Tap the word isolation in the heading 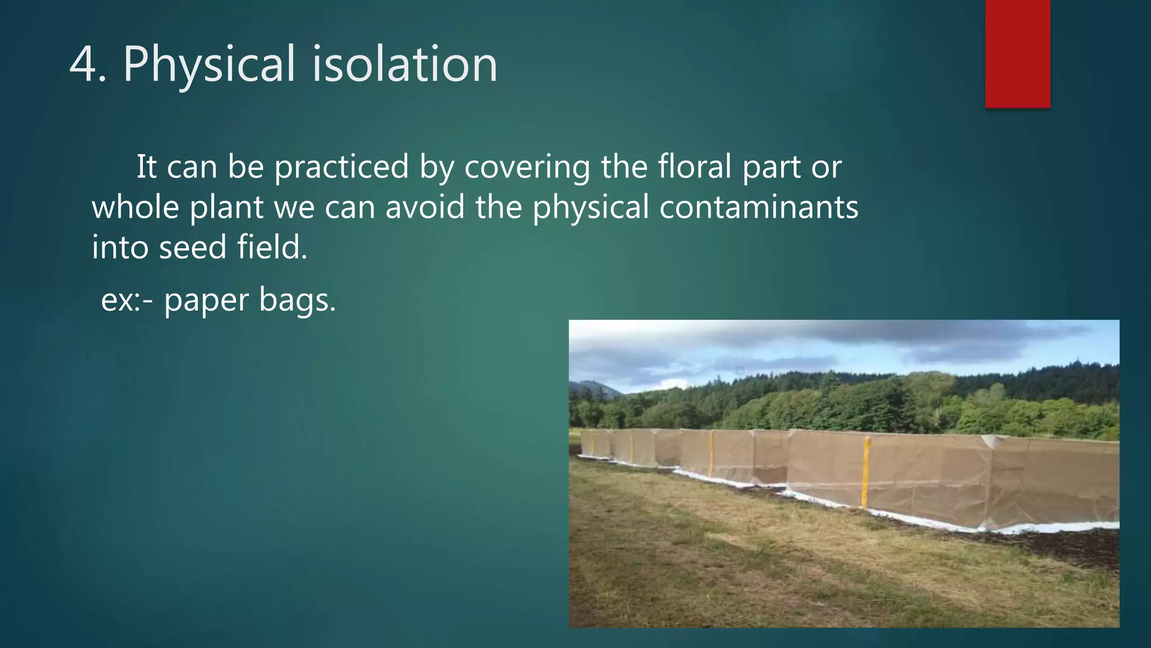[404, 65]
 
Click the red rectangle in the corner [1017, 53]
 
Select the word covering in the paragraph [527, 168]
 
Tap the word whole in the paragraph [135, 207]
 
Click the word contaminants [758, 207]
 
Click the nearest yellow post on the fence [866, 472]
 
